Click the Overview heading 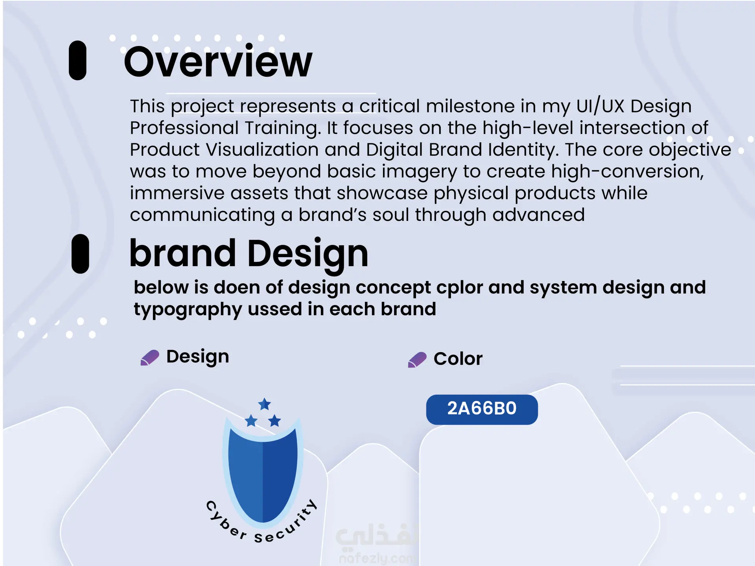218,62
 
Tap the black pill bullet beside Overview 77,61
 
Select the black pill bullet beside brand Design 80,254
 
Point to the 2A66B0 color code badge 482,410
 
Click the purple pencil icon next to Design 150,358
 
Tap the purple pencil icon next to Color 417,360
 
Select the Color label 458,359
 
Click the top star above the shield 265,404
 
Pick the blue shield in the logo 263,474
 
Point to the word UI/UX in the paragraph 600,106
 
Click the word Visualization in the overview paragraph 262,149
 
